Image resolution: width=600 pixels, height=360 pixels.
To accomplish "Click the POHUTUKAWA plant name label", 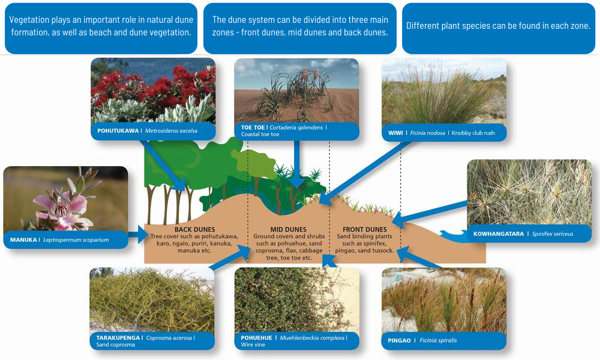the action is pyautogui.click(x=118, y=131).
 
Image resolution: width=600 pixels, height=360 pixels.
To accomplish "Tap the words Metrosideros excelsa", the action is pyautogui.click(x=171, y=131).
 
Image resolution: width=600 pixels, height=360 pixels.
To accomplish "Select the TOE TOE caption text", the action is pyautogui.click(x=253, y=127).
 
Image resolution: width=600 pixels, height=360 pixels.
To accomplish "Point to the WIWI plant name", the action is pyautogui.click(x=395, y=133).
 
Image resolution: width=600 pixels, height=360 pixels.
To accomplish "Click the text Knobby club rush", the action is pyautogui.click(x=473, y=133).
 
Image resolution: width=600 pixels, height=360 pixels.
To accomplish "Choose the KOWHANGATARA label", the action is pyautogui.click(x=499, y=234).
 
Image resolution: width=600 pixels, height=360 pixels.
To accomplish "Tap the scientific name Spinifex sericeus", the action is pyautogui.click(x=553, y=234).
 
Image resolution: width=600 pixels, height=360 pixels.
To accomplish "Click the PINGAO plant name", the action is pyautogui.click(x=399, y=340).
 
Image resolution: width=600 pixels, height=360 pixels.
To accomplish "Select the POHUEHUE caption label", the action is pyautogui.click(x=256, y=338).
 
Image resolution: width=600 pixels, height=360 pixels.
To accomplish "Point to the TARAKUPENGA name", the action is pyautogui.click(x=118, y=338).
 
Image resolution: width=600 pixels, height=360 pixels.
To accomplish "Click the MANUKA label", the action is pyautogui.click(x=23, y=240).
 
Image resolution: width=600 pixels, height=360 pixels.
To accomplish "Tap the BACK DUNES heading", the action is pyautogui.click(x=195, y=230).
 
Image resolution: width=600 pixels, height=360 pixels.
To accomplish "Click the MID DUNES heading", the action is pyautogui.click(x=289, y=230).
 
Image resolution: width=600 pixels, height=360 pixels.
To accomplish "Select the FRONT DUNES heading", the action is pyautogui.click(x=365, y=230).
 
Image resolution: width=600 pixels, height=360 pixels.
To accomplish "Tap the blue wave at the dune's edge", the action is pyautogui.click(x=454, y=235).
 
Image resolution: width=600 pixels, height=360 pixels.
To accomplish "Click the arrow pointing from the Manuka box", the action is pyautogui.click(x=138, y=234).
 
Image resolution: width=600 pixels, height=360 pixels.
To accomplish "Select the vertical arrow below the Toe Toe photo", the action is pyautogui.click(x=297, y=164).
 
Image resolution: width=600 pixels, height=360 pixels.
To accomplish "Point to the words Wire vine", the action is pyautogui.click(x=253, y=344).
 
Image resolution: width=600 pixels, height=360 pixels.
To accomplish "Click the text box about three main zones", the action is pyautogui.click(x=300, y=28).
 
